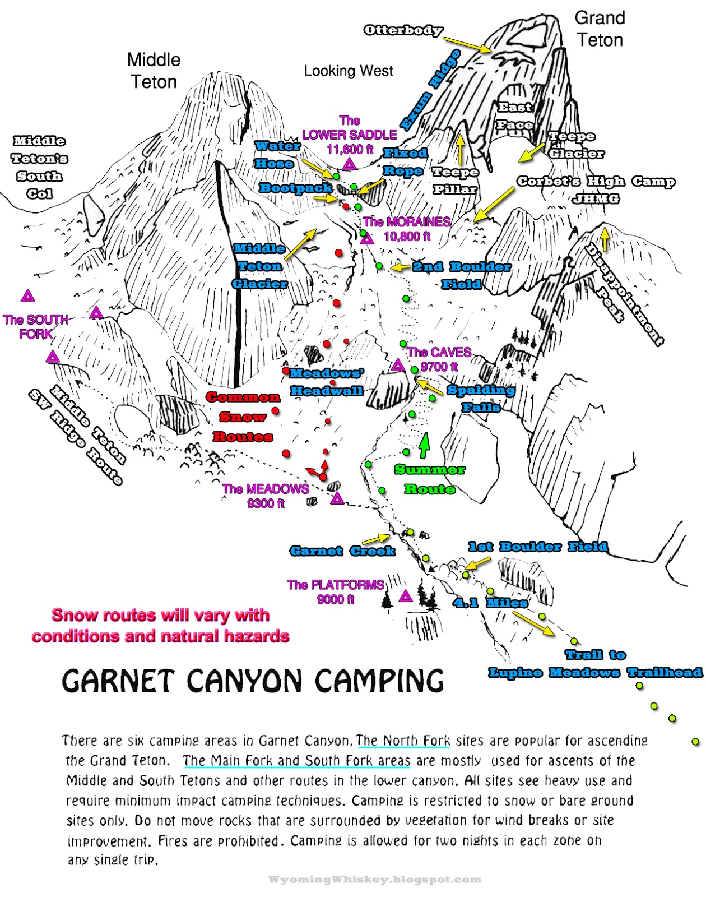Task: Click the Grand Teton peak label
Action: click(600, 29)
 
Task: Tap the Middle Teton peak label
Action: click(154, 71)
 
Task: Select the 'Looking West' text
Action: click(349, 71)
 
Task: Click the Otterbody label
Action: click(403, 30)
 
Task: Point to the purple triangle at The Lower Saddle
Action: click(350, 164)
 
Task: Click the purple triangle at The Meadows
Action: click(337, 498)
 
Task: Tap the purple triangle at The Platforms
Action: click(406, 596)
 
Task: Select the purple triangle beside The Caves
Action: click(398, 366)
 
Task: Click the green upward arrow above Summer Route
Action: click(425, 445)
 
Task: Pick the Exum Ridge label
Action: click(430, 90)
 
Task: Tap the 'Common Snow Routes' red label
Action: click(243, 417)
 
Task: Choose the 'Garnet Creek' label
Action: click(342, 552)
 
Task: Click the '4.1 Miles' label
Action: click(490, 603)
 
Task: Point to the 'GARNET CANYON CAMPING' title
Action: click(253, 681)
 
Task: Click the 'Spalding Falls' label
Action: click(481, 399)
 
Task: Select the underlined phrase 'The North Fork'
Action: click(403, 741)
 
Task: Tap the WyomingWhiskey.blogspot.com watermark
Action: click(374, 880)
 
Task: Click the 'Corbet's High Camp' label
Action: click(596, 182)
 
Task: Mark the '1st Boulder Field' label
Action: click(538, 547)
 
